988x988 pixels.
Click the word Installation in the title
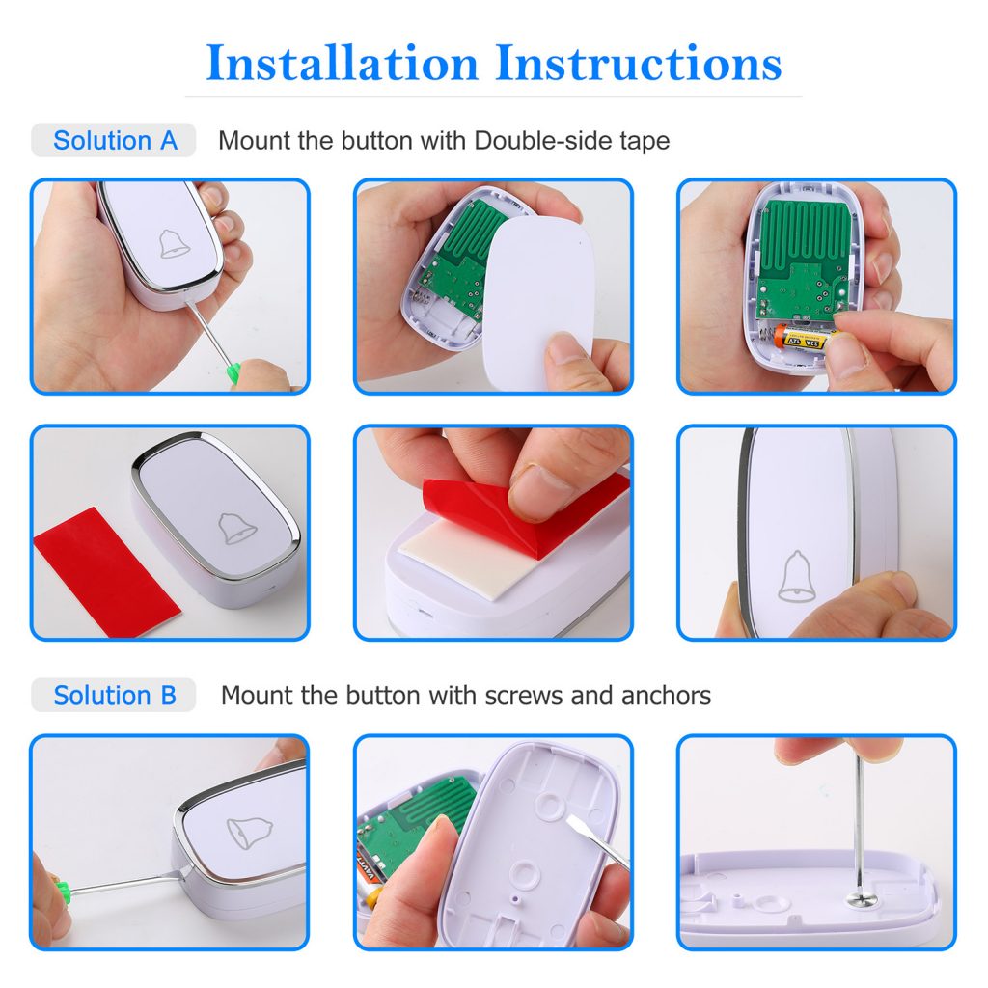click(x=343, y=64)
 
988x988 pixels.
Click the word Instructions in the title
click(x=638, y=64)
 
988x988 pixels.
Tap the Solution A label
click(x=115, y=141)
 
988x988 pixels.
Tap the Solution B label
click(x=115, y=696)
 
